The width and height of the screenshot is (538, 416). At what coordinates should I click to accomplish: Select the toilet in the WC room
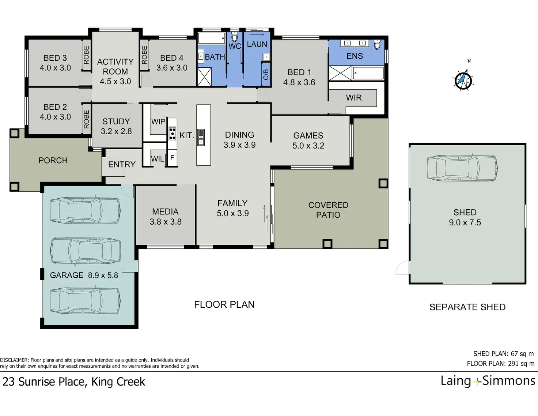pos(234,37)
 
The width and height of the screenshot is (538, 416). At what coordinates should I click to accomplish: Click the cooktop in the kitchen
pos(172,134)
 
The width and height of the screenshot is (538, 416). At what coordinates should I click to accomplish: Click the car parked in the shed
pos(462,168)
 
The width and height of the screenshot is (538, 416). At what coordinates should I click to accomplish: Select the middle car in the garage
pos(86,251)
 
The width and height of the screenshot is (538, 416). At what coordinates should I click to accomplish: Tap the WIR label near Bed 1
pos(354,98)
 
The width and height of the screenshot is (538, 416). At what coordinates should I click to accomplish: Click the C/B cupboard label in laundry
pos(266,74)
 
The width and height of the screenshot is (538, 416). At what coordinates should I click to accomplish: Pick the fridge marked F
pos(172,158)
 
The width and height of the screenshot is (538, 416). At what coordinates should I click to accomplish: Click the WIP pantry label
pos(158,121)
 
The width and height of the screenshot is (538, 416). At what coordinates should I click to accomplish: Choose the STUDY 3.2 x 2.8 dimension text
pos(116,131)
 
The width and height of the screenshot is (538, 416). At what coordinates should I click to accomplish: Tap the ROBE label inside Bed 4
pos(144,55)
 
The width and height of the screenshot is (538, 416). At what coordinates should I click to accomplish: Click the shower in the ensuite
pos(340,73)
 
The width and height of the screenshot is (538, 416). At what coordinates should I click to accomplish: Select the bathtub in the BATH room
pos(212,38)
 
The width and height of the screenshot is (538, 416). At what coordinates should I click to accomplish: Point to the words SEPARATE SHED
pos(467,307)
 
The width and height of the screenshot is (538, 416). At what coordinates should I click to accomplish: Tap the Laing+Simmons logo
pos(488,381)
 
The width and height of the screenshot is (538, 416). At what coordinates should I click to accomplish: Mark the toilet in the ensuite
pos(377,44)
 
